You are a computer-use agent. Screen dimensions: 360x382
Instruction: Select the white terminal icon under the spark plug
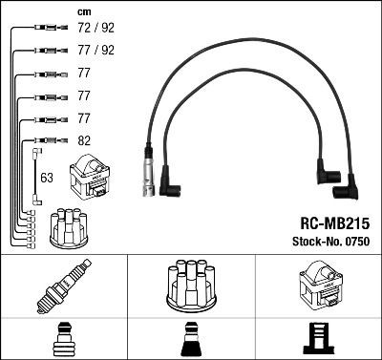[62, 341]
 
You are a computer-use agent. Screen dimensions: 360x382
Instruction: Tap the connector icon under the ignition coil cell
[318, 341]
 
